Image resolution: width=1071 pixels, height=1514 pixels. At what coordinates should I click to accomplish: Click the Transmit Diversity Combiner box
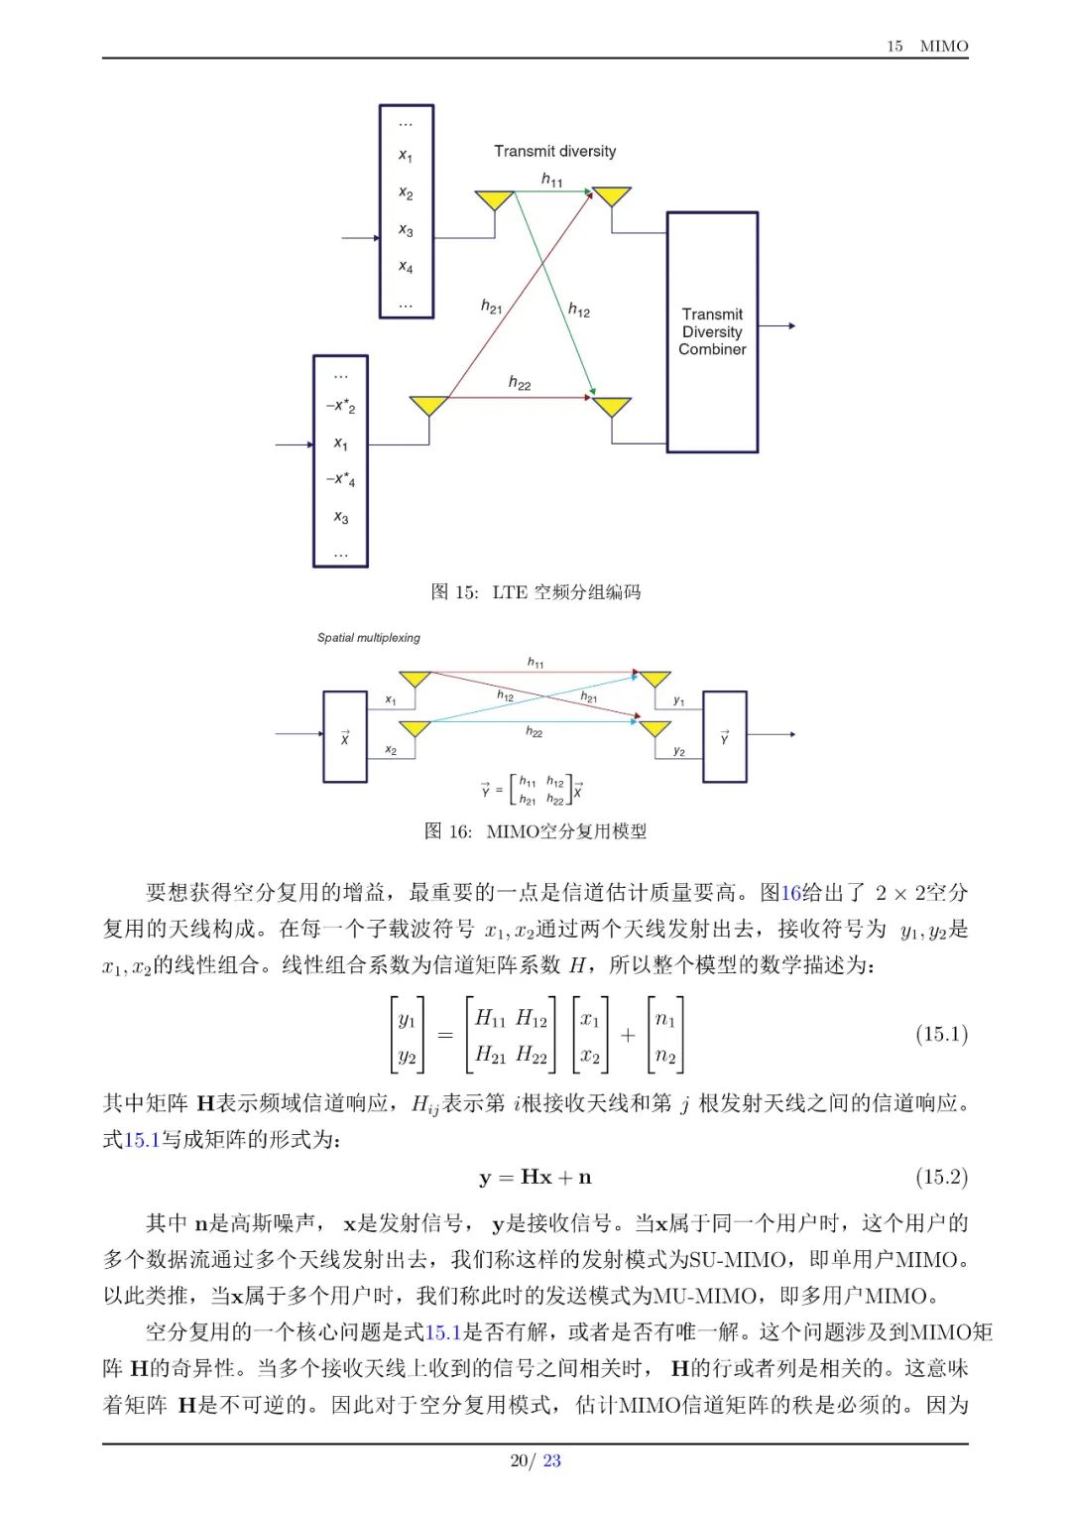click(x=712, y=331)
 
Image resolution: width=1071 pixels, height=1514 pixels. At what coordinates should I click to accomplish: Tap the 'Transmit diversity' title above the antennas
click(x=554, y=152)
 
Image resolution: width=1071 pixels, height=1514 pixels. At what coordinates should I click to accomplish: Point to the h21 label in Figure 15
click(x=491, y=307)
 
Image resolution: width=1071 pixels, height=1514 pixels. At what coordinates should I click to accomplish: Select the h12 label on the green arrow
click(x=579, y=311)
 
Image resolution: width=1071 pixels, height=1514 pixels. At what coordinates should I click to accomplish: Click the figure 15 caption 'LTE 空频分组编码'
click(x=566, y=592)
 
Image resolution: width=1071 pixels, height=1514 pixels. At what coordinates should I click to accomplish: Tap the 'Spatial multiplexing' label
click(x=369, y=637)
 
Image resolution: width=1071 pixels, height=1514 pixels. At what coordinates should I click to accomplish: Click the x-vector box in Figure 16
click(x=345, y=737)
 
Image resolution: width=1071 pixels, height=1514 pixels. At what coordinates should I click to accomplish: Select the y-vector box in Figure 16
click(x=724, y=737)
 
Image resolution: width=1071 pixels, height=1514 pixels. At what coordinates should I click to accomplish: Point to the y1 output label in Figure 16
click(x=678, y=700)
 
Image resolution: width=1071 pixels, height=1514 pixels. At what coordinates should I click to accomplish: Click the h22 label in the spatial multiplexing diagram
click(x=534, y=732)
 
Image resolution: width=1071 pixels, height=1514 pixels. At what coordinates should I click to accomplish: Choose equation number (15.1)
click(x=941, y=1034)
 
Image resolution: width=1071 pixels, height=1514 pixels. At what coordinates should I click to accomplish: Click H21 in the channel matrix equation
click(x=491, y=1054)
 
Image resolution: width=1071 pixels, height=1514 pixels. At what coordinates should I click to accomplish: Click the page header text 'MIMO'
click(x=944, y=46)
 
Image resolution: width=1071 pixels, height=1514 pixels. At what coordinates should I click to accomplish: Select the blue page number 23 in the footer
click(x=552, y=1460)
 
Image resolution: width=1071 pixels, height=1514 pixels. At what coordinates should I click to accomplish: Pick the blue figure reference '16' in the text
click(x=790, y=893)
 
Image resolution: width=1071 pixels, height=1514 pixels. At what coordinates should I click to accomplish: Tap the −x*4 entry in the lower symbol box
click(x=340, y=479)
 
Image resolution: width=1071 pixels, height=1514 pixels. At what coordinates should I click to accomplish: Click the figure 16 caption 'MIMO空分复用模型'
click(x=566, y=830)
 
